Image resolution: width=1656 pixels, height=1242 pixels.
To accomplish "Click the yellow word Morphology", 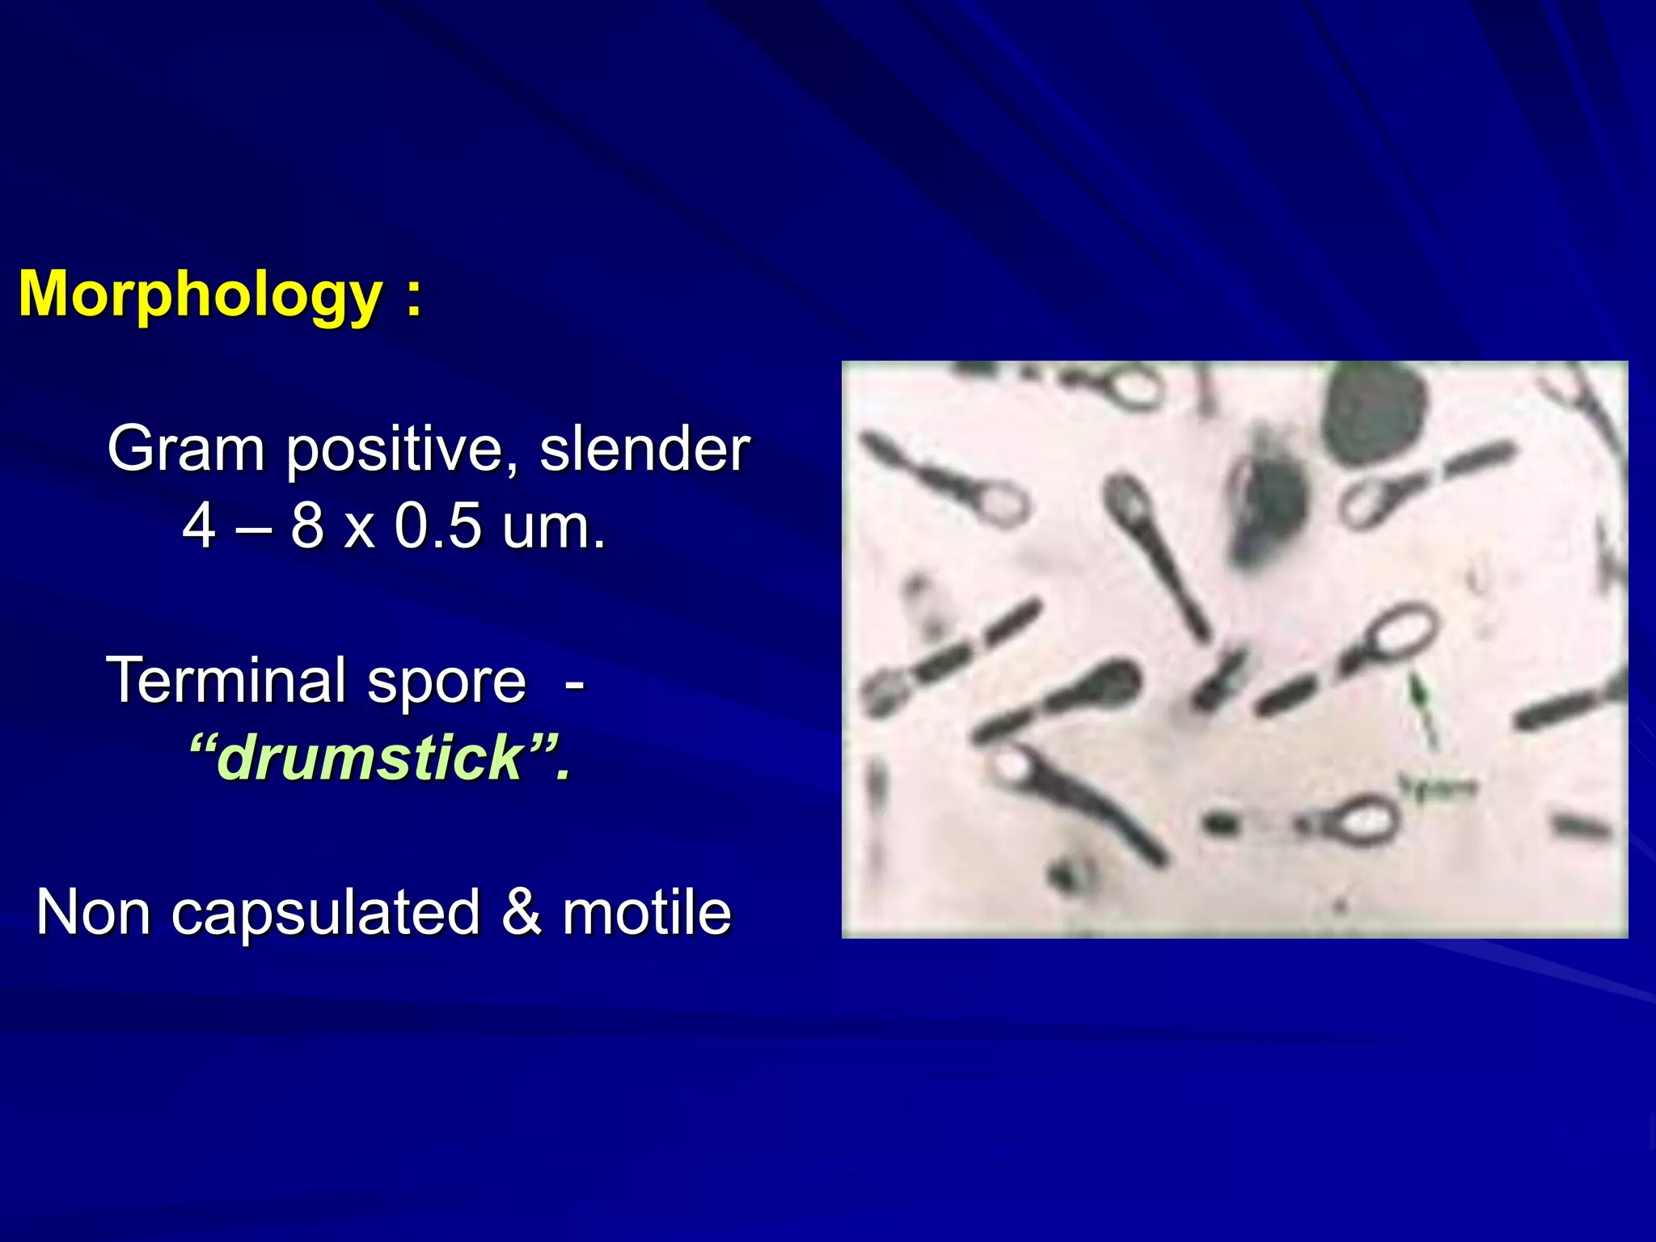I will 200,294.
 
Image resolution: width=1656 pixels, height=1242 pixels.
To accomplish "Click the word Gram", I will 186,449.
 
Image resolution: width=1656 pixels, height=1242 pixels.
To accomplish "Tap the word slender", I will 644,449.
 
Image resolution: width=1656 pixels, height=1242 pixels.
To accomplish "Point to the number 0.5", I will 437,526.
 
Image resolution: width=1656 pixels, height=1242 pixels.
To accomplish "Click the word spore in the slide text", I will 446,682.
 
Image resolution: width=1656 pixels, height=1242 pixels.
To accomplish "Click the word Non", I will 93,912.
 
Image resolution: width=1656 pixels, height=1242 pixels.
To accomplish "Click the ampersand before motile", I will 521,912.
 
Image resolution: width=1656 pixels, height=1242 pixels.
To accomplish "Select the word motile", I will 647,912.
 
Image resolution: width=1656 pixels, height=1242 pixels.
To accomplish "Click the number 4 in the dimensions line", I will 199,526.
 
